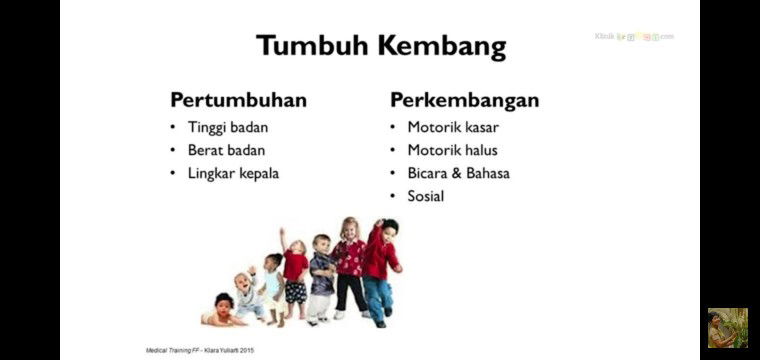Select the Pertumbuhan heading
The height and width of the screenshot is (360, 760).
(x=238, y=100)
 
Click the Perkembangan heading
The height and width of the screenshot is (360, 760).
(x=464, y=100)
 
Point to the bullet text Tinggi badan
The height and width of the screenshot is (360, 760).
(x=228, y=127)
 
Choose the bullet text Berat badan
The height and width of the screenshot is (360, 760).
(x=226, y=150)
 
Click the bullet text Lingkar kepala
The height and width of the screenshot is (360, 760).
(x=233, y=173)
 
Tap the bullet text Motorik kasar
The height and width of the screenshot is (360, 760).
(x=453, y=127)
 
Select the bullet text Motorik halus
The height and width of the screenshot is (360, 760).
(x=452, y=150)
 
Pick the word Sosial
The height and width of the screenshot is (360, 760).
(x=425, y=196)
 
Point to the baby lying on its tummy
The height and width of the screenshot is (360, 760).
(x=221, y=311)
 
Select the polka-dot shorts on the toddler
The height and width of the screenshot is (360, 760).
(x=295, y=292)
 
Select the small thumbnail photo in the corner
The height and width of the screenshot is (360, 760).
(x=727, y=328)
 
